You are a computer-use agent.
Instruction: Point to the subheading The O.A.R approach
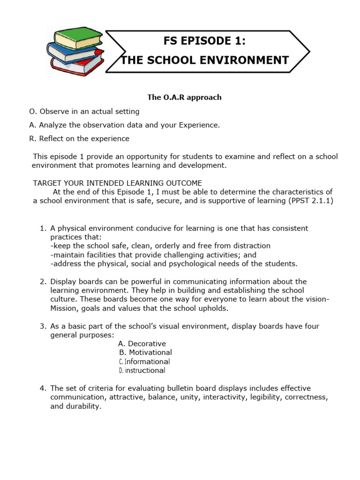pos(184,97)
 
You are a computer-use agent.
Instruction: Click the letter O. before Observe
pos(33,112)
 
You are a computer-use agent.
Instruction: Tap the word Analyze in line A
pos(53,125)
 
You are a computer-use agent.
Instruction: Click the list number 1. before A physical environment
pos(43,228)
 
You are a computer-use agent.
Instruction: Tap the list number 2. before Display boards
pos(43,282)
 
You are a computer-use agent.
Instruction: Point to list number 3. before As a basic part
pos(43,326)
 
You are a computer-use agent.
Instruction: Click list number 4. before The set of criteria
pos(43,389)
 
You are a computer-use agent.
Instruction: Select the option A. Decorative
pos(142,344)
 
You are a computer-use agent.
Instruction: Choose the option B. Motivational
pos(145,352)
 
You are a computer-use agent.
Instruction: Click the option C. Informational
pos(144,362)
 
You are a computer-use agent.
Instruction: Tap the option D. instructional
pos(142,370)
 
